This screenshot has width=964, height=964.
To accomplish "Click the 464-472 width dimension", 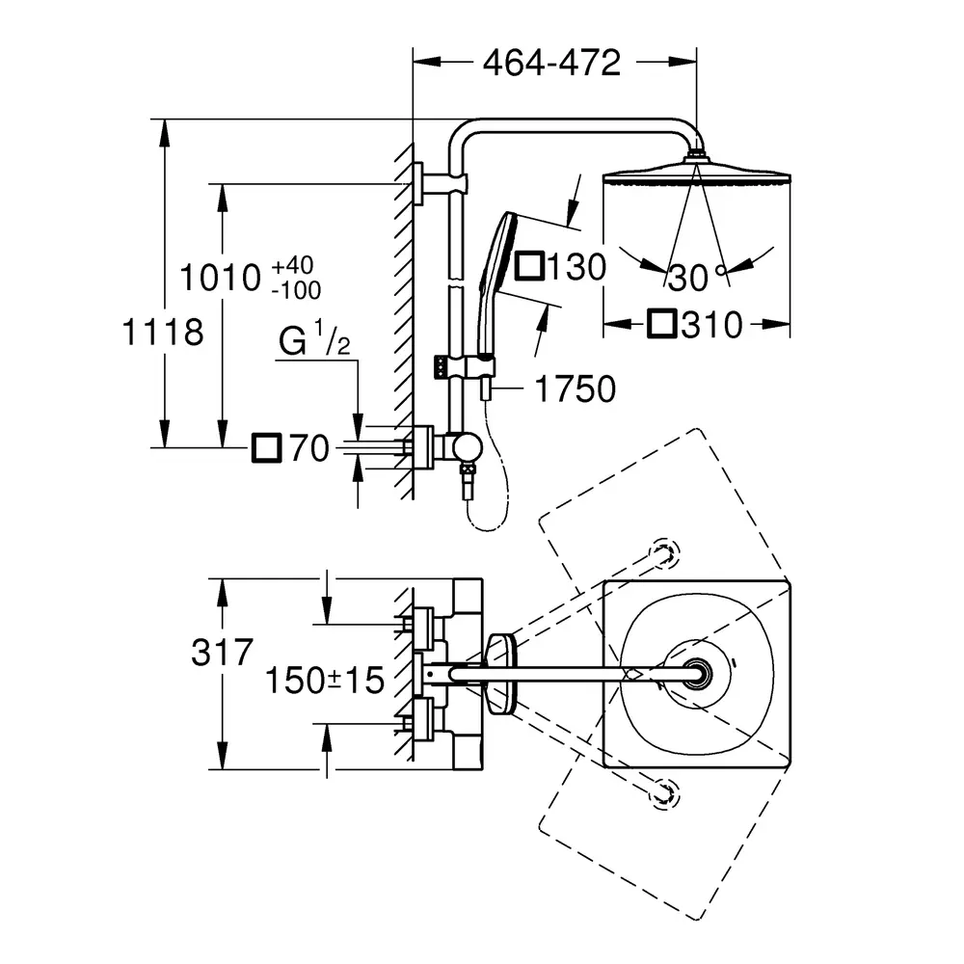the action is pos(551,63).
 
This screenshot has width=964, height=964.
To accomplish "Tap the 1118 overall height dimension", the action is pos(162,332).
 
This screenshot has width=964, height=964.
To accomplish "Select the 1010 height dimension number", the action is pos(220,278).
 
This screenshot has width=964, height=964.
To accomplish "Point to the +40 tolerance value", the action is pos(293,266).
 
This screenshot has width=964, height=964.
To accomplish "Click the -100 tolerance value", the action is pos(296,290).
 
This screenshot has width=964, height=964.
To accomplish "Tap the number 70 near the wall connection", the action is pos(309,447).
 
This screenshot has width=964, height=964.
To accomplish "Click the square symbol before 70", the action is pos(267,447).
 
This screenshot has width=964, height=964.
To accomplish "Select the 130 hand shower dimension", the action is pos(576,267).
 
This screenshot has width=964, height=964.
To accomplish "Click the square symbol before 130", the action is pos(528,266).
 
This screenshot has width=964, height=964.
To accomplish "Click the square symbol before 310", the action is pos(662,324).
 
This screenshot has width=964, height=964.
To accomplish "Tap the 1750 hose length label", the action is pos(576,388).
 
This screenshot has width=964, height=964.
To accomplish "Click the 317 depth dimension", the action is pos(222,652).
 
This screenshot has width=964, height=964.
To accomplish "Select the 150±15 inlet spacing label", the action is pos(325,680).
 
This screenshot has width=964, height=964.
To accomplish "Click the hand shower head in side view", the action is pos(498,282).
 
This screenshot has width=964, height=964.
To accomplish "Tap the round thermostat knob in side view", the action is pos(466,447).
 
